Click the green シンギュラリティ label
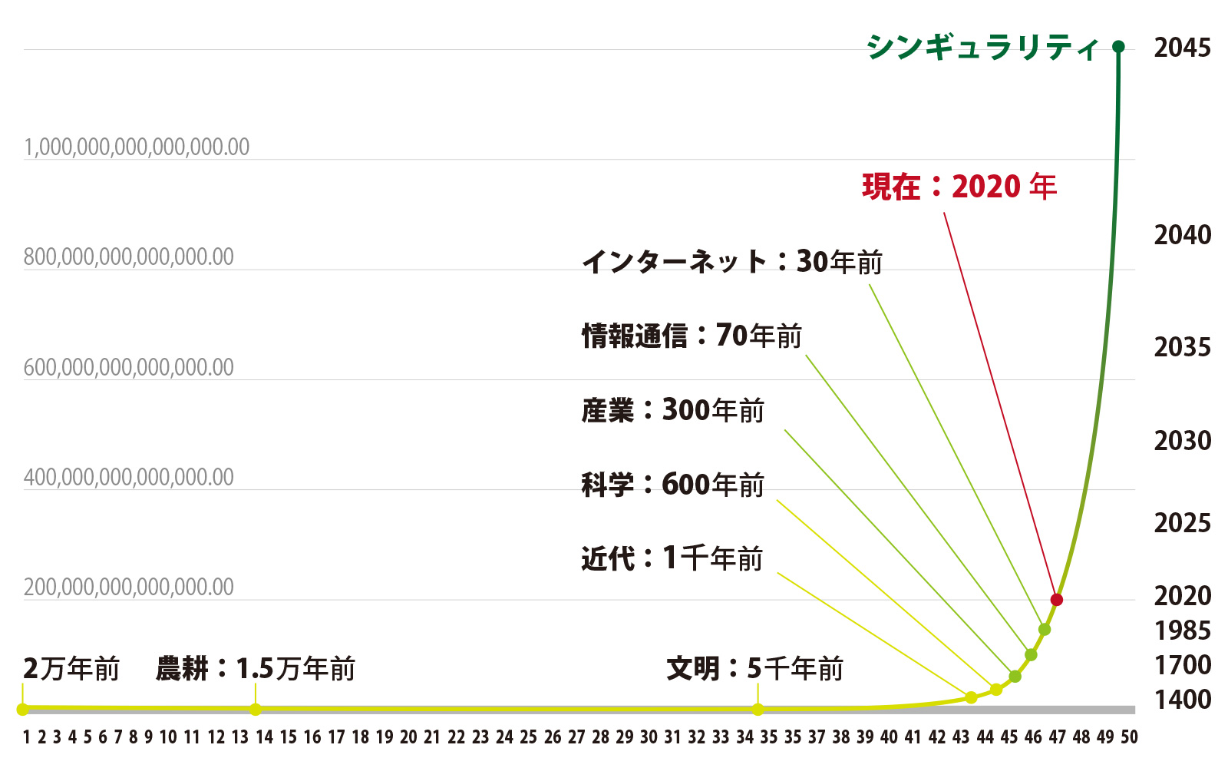983,48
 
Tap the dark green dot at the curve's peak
1118,47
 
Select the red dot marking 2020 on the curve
1057,599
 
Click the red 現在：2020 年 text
959,187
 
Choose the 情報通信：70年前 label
692,336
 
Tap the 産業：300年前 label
673,410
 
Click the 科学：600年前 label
673,485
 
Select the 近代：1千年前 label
672,558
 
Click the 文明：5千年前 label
755,669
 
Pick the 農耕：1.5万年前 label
256,669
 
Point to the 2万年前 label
71,669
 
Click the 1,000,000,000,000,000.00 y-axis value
137,147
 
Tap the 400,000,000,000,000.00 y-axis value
129,477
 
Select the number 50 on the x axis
1129,737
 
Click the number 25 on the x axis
529,737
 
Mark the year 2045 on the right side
1183,48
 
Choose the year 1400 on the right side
1183,700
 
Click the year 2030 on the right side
1183,441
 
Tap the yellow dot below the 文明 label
758,709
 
